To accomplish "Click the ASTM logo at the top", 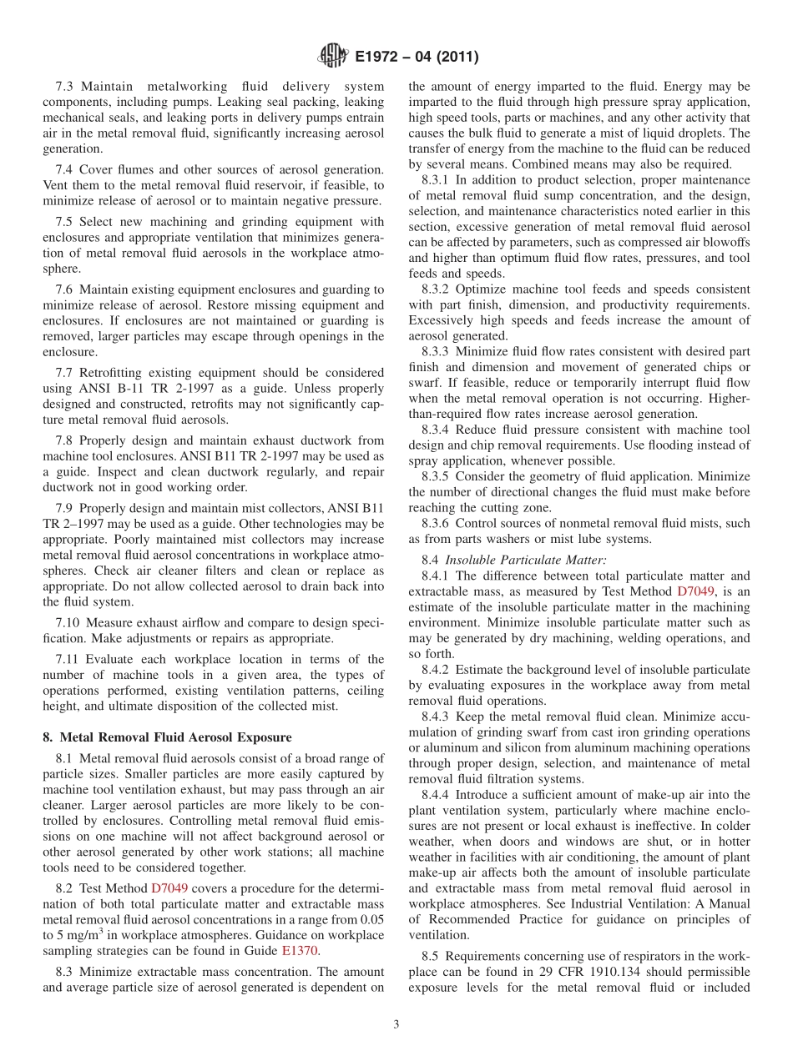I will point(333,57).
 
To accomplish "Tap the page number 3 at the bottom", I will point(396,1025).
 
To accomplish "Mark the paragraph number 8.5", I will point(432,956).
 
